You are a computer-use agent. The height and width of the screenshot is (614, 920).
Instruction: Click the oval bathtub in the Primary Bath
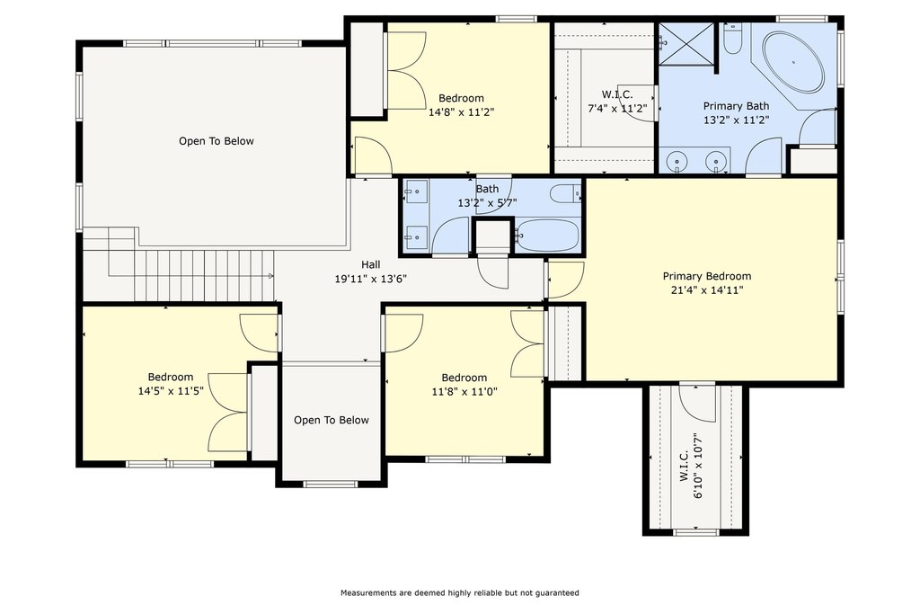coord(793,62)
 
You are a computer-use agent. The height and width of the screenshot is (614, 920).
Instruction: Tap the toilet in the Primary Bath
coord(732,38)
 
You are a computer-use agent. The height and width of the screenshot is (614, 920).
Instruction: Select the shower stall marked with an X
coord(686,44)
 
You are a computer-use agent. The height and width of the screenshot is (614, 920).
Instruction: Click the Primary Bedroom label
coord(707,276)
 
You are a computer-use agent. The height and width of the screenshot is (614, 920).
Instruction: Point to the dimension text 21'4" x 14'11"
coord(707,290)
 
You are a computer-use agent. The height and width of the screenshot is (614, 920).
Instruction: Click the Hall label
coord(371,264)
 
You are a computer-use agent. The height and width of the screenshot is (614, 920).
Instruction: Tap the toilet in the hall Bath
coord(566,193)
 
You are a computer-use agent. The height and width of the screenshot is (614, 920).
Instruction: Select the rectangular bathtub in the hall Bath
coord(549,236)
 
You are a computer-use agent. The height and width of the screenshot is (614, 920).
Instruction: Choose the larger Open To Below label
coord(217,141)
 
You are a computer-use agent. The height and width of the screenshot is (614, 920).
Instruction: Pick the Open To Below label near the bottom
coord(332,421)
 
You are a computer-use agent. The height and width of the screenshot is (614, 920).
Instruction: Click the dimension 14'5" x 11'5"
coord(171,391)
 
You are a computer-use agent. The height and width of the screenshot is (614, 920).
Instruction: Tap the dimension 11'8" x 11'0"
coord(464,392)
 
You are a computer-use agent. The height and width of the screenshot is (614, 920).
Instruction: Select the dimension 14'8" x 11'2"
coord(462,112)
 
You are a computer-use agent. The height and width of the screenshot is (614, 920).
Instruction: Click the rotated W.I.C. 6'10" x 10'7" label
coord(691,466)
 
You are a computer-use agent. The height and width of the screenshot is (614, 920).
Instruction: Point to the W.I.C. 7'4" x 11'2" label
coord(617,102)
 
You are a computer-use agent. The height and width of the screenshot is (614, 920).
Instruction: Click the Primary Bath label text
coord(737,106)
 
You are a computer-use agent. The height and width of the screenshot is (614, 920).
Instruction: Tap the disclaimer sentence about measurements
coord(460,592)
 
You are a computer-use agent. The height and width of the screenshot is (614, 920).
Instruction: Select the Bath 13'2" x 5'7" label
coord(487,196)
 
